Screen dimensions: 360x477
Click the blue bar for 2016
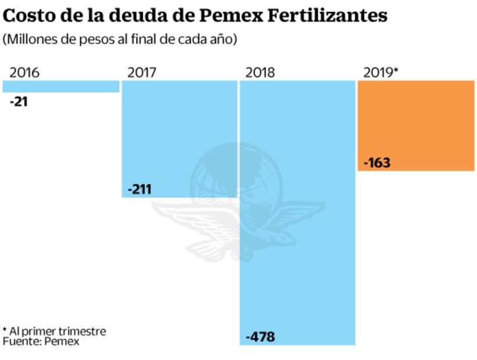(x=60, y=87)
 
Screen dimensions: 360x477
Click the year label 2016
(x=24, y=73)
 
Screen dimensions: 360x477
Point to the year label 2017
(x=142, y=73)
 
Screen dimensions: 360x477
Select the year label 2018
(x=260, y=73)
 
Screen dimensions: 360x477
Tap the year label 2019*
(x=381, y=73)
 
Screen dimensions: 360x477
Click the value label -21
(x=19, y=102)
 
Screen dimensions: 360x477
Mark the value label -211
(x=139, y=190)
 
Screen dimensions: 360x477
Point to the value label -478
(x=260, y=337)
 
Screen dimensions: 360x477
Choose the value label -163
(x=376, y=163)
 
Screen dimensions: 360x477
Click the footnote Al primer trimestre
(x=56, y=332)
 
